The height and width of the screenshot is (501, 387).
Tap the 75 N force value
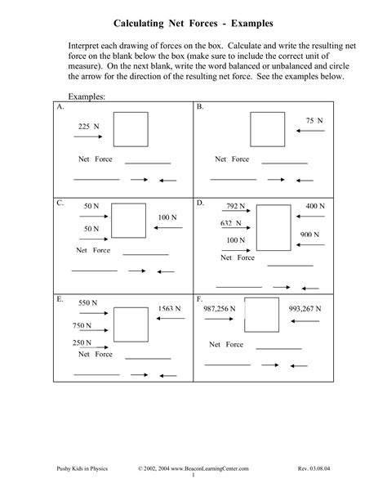pos(314,120)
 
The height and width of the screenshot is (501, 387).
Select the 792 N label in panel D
pos(237,206)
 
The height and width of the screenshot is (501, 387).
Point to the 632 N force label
pos(231,222)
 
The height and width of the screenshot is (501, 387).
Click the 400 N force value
pos(316,206)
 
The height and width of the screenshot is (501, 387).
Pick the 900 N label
pos(309,234)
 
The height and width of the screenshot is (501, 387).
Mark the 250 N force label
pos(82,342)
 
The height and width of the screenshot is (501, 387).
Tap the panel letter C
pos(60,201)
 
